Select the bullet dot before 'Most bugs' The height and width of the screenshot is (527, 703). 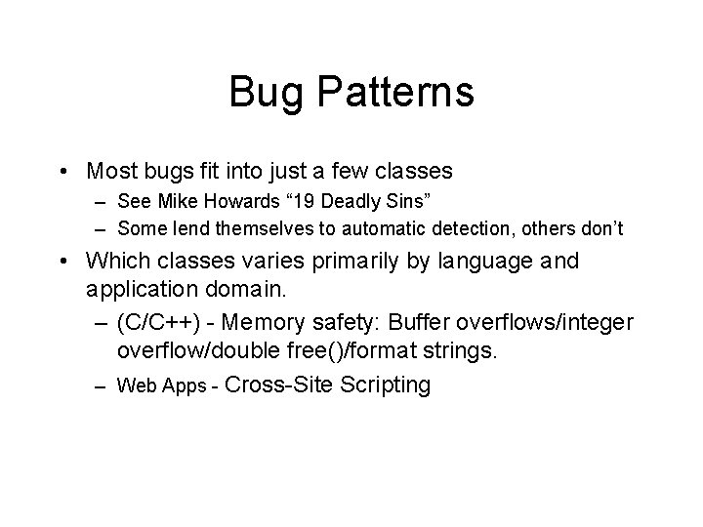point(62,173)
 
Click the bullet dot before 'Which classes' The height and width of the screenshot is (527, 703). point(62,263)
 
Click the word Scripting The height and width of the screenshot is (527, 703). point(381,385)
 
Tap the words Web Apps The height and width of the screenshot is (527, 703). point(157,385)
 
